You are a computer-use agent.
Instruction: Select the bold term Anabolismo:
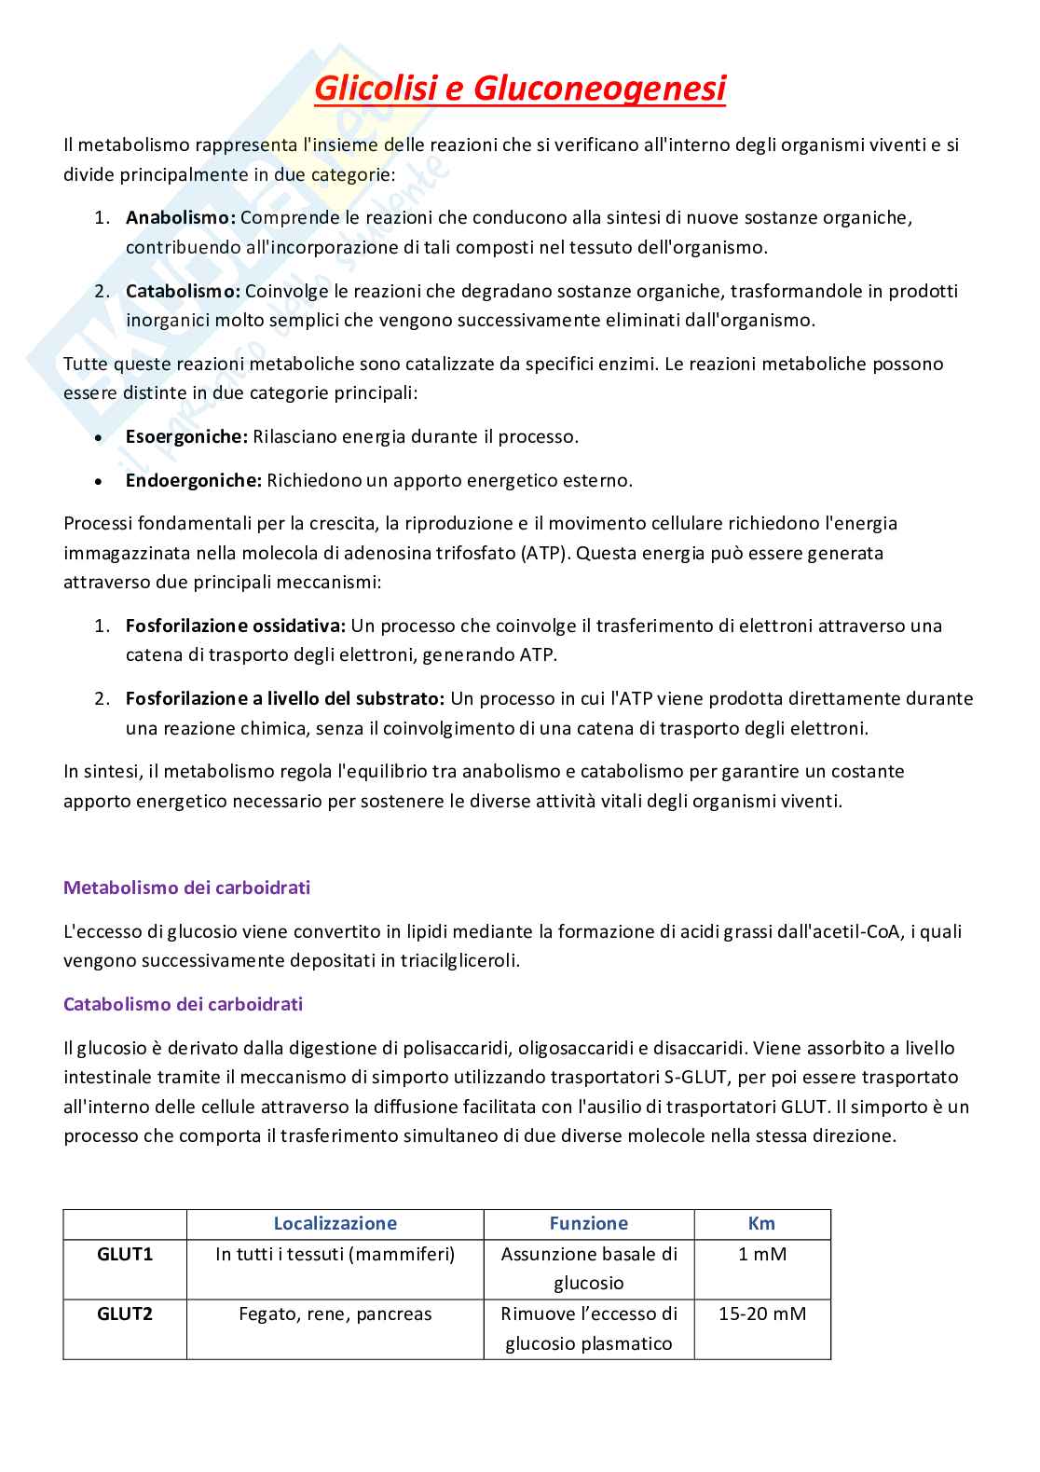pos(182,217)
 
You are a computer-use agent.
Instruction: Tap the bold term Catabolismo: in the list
pos(184,291)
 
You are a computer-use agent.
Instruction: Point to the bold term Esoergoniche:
pos(186,436)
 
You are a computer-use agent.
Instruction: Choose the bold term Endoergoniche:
pos(194,480)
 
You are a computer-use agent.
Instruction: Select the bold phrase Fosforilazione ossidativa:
pos(236,625)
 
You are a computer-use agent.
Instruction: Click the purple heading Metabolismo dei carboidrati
pos(186,887)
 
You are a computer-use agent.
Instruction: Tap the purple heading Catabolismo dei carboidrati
pos(183,1004)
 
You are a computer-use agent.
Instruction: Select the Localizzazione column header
pos(335,1223)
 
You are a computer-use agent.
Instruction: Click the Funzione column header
pos(588,1223)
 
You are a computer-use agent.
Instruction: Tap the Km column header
pos(761,1223)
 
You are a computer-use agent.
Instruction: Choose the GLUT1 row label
pos(125,1254)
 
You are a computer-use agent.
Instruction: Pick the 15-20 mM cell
pos(762,1314)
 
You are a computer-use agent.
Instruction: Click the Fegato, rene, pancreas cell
pos(335,1314)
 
